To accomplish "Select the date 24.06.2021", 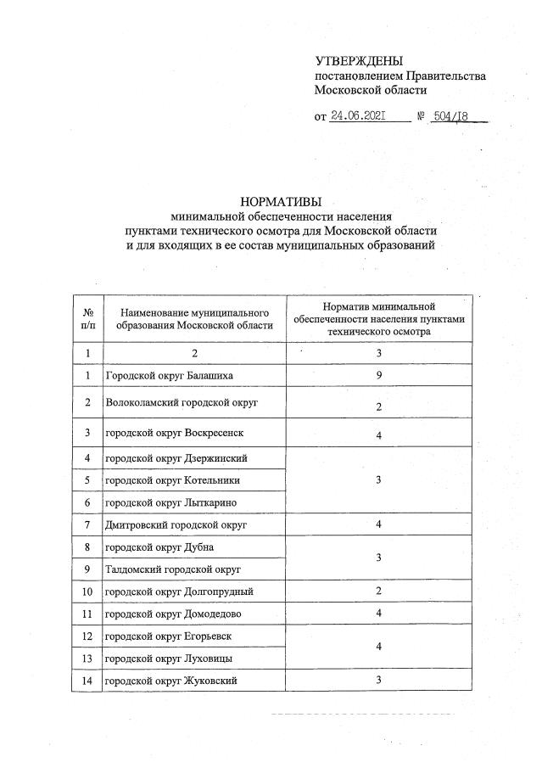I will [x=359, y=116].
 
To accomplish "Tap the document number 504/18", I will [x=450, y=116].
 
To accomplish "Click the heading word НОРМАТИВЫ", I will [x=280, y=201].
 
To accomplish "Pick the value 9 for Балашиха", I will [x=379, y=374].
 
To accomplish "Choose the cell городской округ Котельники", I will [x=170, y=480].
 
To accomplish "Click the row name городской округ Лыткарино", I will [x=169, y=503].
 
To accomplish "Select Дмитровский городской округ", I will [x=176, y=525].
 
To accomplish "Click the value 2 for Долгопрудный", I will [x=379, y=591].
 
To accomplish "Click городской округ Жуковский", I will [x=170, y=680].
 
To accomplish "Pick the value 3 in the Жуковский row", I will [x=379, y=680].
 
